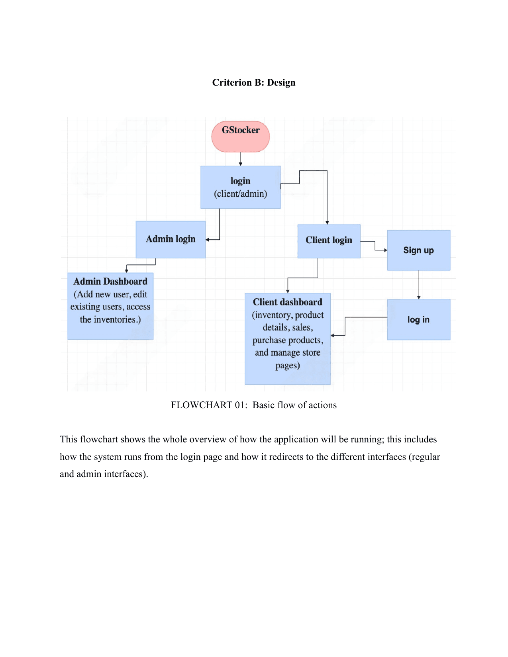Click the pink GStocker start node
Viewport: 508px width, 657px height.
240,137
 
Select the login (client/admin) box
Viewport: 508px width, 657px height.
240,187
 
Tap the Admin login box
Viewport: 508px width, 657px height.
171,239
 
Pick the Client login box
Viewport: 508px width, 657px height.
329,241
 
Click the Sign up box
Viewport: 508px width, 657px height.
418,250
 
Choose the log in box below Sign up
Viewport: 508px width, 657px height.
418,319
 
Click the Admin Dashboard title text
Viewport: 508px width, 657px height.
110,282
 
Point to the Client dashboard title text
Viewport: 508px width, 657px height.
287,302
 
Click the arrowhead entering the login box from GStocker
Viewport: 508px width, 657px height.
240,164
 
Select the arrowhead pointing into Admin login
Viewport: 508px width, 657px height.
208,240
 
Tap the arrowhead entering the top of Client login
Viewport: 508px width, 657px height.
327,223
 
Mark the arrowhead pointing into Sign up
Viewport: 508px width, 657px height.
385,250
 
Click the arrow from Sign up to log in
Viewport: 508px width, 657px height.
418,285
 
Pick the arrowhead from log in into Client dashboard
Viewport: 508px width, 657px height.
333,335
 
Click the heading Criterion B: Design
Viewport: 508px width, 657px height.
253,82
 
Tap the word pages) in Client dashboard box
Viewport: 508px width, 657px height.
287,366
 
